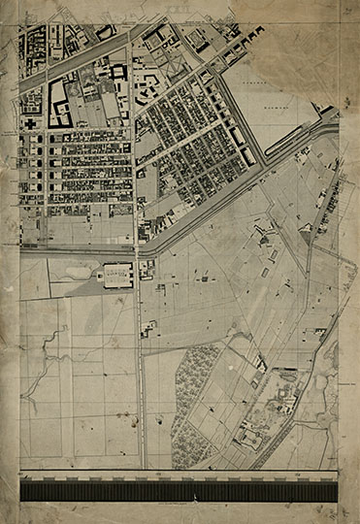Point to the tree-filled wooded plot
pyautogui.click(x=199, y=398)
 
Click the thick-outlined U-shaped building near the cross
pyautogui.click(x=57, y=103)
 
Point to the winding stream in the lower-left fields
pyautogui.click(x=39, y=388)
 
